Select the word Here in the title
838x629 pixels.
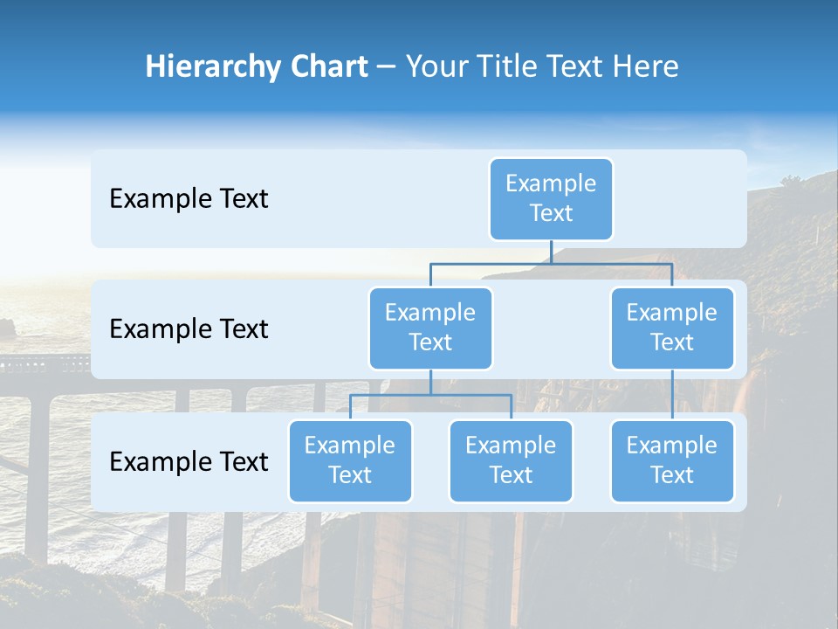645,67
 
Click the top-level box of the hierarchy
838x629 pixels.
551,199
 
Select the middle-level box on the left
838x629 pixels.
430,328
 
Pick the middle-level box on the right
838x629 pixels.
672,328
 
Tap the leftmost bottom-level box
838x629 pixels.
350,461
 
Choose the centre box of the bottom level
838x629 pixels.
511,461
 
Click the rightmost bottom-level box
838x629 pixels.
672,461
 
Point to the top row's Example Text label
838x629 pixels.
189,199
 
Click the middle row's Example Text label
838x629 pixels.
189,329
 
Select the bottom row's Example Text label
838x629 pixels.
189,461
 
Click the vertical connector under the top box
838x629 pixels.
551,252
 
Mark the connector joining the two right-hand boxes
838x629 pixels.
672,394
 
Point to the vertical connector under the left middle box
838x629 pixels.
430,382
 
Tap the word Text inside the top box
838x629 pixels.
551,213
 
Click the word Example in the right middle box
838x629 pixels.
672,313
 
